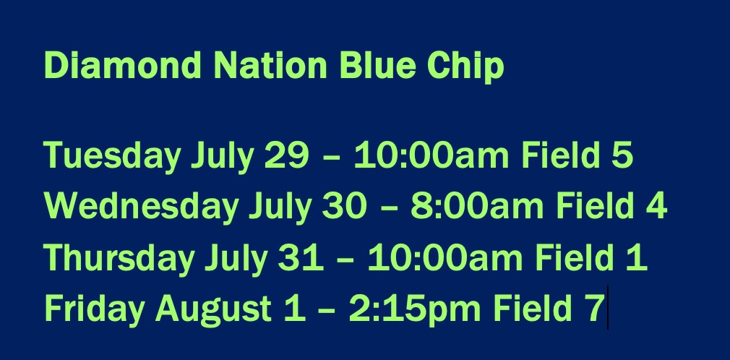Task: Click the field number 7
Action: coord(594,310)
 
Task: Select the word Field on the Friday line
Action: coord(528,310)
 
